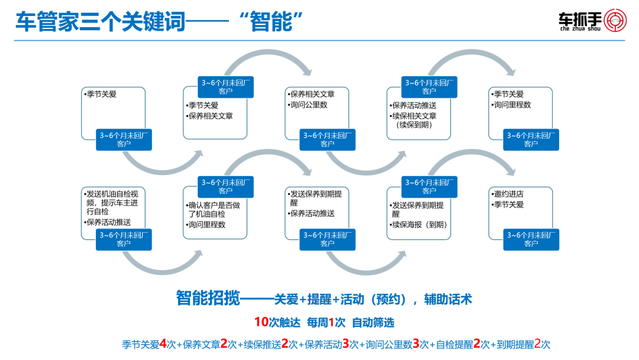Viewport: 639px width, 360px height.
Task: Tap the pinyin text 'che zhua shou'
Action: coord(579,28)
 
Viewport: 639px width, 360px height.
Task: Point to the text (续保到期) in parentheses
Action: coord(414,125)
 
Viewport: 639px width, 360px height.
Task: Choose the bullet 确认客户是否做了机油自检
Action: coord(214,210)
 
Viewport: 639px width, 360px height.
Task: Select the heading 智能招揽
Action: coord(207,298)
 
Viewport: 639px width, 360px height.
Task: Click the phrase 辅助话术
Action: coord(448,300)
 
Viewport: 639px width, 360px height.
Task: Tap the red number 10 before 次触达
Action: coord(262,323)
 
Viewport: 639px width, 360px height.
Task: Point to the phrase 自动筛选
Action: coord(373,323)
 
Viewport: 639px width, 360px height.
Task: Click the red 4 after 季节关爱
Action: coord(163,344)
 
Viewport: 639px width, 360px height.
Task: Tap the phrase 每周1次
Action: coord(326,323)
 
